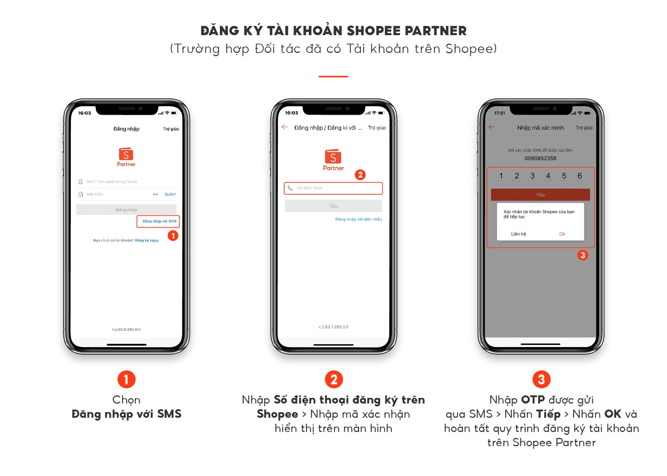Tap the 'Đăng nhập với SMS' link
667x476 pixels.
point(159,221)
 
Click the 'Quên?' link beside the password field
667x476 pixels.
point(170,194)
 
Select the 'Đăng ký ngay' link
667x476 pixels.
point(147,240)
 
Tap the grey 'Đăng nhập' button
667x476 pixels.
point(126,210)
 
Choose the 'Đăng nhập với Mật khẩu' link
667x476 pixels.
point(358,220)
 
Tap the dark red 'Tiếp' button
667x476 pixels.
point(540,195)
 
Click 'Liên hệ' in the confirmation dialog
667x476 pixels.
point(518,234)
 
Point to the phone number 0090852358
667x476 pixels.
point(540,158)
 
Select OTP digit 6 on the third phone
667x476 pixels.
point(579,176)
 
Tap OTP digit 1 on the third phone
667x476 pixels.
point(501,176)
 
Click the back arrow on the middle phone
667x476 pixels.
point(284,127)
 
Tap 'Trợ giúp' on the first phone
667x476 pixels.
point(171,129)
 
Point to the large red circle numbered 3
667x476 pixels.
point(541,379)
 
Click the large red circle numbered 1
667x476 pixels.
point(126,379)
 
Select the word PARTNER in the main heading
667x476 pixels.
point(436,31)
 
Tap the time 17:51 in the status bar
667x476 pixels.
point(499,113)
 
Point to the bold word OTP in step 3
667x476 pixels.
point(532,400)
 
